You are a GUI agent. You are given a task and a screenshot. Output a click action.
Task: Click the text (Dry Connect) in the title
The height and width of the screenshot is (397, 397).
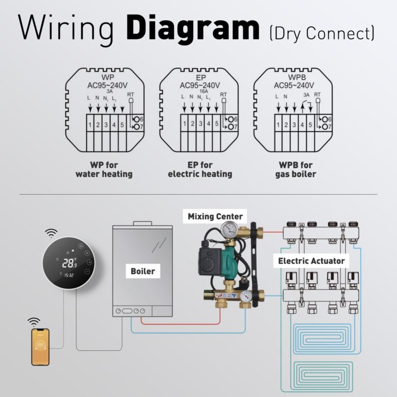click(321, 33)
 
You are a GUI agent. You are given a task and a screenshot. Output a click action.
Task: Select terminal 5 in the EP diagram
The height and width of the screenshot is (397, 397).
click(216, 125)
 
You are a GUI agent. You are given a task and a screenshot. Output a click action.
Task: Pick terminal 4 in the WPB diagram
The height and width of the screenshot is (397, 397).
click(302, 125)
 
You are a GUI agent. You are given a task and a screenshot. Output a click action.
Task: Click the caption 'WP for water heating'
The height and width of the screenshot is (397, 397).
click(104, 169)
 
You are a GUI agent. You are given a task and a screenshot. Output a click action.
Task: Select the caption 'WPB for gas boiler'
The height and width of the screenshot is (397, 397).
click(296, 169)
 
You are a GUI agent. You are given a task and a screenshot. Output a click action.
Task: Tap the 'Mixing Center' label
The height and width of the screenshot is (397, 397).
click(215, 216)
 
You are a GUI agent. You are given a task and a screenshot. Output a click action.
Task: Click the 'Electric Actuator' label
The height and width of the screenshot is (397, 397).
click(311, 260)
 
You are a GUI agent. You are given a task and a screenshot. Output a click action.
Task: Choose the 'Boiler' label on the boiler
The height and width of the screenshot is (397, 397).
click(142, 271)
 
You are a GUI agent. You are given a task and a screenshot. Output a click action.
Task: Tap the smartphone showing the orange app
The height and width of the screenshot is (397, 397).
click(40, 347)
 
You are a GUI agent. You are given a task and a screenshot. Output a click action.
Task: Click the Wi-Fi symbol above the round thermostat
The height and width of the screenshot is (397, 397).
click(51, 233)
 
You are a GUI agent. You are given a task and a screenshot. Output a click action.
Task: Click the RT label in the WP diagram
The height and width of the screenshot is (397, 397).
click(132, 94)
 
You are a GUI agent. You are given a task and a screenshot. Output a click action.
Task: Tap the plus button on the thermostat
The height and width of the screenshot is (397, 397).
click(89, 262)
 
